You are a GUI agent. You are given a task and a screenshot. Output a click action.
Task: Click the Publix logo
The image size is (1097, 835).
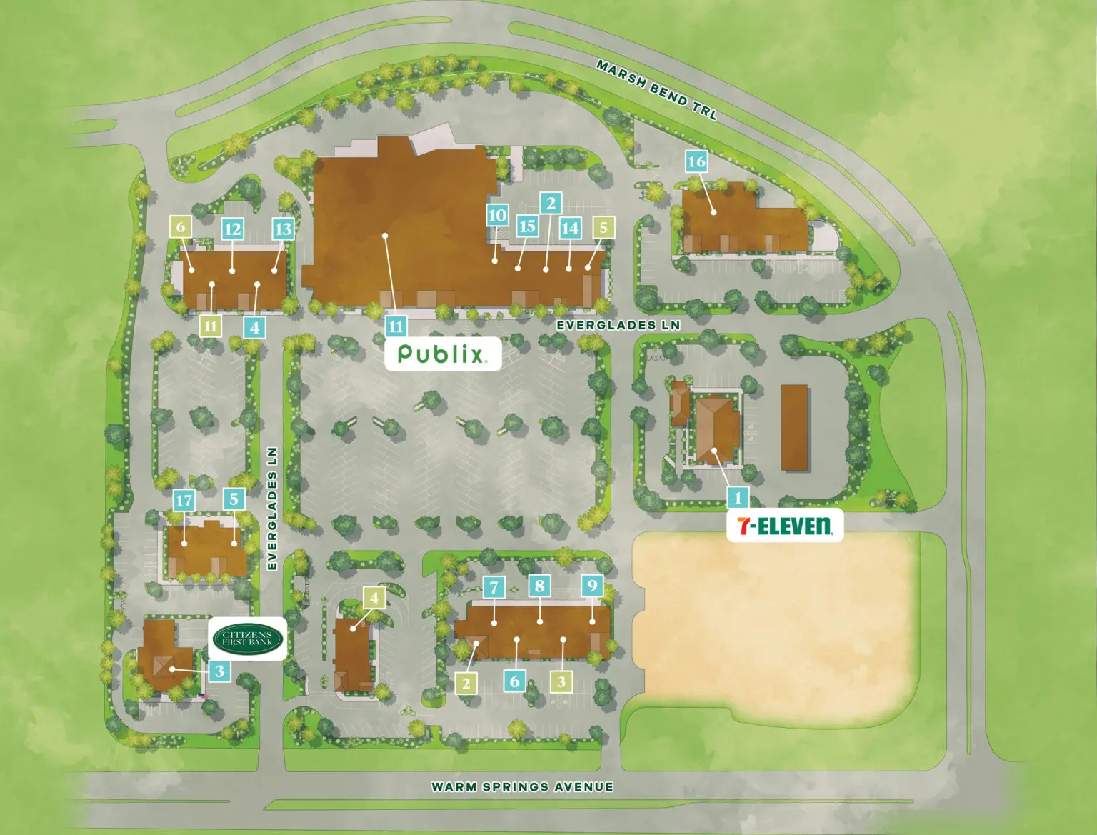pos(442,354)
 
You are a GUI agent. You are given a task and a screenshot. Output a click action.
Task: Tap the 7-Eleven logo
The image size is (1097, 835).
pos(784,526)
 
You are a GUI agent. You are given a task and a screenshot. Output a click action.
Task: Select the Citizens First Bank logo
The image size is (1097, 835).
pos(248,638)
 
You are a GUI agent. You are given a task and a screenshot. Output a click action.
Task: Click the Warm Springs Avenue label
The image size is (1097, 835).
pos(522,787)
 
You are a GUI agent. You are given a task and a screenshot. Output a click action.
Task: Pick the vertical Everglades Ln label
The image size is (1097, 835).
pos(272,508)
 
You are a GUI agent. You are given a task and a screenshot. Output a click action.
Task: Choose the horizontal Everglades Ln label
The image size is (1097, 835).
pos(618,325)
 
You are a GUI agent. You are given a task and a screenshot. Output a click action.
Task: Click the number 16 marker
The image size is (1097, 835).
pos(696,162)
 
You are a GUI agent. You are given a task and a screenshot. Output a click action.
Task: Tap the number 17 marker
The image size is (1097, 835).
pos(184,500)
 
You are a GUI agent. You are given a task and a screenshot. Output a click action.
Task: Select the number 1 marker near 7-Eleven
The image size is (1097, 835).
pos(738,497)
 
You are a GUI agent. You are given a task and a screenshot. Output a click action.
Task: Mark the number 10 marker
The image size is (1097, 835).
pos(497,215)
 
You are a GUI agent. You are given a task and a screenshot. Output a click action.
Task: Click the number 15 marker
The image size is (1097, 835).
pos(527,226)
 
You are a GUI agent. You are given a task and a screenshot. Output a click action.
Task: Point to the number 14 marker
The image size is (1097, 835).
pos(569,229)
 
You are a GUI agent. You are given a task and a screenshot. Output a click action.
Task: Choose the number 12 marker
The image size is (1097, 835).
pos(232,229)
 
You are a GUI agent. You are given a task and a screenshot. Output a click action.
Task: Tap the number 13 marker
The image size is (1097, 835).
pos(283,229)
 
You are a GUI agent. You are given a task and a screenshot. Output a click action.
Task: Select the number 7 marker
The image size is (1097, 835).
pos(494,588)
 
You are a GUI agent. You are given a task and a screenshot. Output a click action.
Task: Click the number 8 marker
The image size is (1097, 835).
pos(540,586)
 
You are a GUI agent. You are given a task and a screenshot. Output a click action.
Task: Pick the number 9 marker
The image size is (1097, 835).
pos(592,586)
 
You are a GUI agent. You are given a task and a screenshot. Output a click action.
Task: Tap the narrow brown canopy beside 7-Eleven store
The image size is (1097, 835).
pos(794,427)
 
